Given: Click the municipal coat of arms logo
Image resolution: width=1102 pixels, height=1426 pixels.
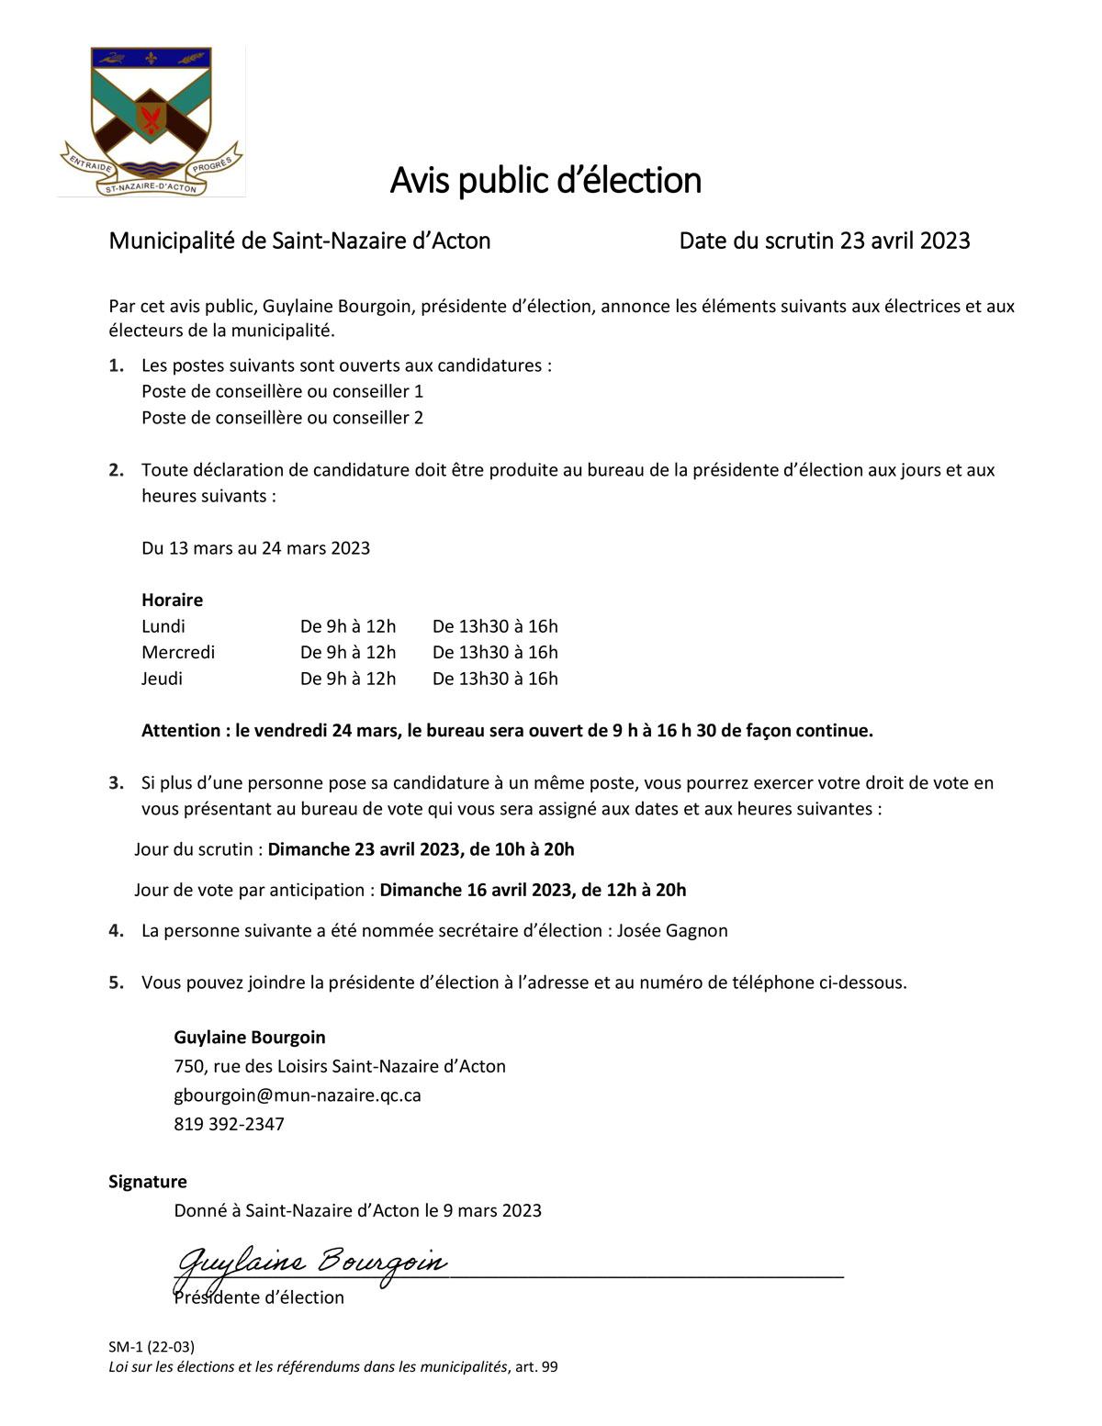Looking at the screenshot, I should click(152, 119).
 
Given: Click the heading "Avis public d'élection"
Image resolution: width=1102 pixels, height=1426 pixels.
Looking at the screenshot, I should click(545, 181).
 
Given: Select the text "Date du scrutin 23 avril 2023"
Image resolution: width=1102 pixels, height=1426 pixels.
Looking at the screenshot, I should click(824, 241).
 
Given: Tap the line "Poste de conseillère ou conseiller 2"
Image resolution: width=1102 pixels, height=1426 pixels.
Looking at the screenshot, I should click(282, 418).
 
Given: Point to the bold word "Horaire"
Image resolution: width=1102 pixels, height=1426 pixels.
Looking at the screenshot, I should click(172, 601).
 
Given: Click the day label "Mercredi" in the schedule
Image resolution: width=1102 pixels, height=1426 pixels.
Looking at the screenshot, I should click(178, 653).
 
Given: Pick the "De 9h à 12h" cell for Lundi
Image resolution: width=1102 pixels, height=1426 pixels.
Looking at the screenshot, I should click(347, 626).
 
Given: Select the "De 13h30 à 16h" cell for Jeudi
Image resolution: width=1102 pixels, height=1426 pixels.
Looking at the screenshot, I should click(495, 679).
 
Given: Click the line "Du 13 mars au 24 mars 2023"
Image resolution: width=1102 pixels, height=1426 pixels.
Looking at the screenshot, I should click(255, 548).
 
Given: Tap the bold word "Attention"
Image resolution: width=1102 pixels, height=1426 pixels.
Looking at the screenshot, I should click(181, 731).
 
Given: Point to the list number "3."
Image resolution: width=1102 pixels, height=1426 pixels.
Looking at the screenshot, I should click(116, 783).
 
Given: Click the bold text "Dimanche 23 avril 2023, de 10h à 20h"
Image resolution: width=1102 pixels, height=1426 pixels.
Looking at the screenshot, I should click(421, 849).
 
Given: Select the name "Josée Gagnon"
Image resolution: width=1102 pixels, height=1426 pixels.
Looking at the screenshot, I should click(671, 931).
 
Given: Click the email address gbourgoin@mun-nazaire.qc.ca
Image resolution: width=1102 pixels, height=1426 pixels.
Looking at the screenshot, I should click(297, 1095).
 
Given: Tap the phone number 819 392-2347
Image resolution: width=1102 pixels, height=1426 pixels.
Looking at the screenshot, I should click(229, 1125).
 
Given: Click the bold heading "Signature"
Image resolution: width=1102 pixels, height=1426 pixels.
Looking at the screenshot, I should click(147, 1182).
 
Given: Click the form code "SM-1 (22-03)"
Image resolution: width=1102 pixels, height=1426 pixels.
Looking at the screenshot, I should click(152, 1347).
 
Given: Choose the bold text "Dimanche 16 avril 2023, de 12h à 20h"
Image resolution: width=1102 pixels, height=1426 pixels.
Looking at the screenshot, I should click(533, 890).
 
